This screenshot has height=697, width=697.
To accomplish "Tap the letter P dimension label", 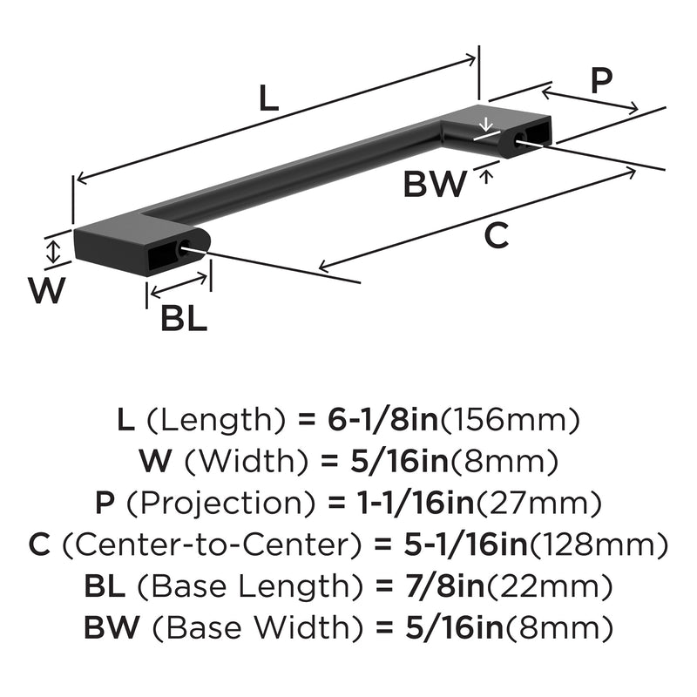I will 600,81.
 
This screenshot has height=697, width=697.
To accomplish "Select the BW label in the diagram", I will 435,185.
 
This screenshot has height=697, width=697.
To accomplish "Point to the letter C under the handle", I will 495,235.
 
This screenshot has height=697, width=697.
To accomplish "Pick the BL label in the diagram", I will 184,319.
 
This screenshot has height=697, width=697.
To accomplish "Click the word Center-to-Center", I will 213,545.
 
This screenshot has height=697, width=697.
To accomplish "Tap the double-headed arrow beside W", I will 55,253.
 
